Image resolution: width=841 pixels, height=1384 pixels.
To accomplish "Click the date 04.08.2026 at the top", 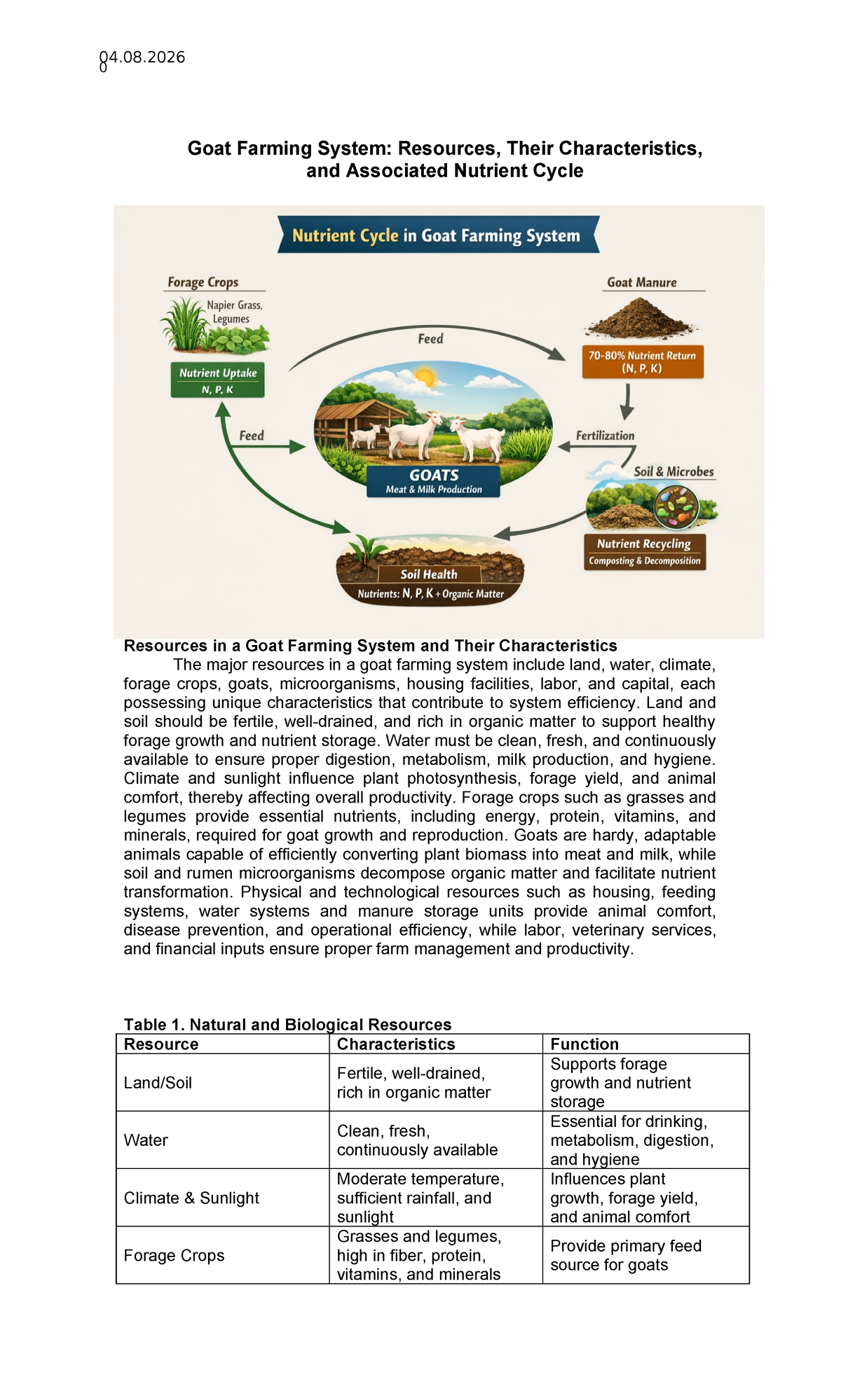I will (142, 57).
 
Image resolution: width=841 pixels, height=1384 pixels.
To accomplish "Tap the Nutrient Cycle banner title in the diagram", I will (436, 235).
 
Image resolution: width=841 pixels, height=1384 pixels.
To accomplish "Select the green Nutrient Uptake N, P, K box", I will (217, 380).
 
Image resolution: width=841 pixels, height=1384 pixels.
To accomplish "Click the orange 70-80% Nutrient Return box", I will (642, 361).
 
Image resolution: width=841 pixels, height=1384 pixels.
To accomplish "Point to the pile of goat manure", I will (641, 319).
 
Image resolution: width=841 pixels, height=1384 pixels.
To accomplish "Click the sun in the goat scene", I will (424, 378).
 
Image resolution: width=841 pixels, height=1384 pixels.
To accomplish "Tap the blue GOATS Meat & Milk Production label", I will (434, 481).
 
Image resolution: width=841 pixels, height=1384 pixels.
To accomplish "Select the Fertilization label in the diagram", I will (605, 436).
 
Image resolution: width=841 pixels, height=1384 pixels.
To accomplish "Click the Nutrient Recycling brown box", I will (644, 551).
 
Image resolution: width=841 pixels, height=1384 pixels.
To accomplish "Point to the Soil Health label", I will (429, 574).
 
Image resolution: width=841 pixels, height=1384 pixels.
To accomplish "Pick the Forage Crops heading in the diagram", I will (203, 282).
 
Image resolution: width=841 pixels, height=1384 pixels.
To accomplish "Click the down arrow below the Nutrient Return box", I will (627, 401).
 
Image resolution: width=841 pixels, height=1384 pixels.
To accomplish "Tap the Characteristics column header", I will (396, 1044).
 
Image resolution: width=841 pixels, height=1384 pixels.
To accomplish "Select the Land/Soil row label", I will (158, 1083).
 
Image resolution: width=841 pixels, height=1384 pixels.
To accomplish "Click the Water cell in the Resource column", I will (146, 1140).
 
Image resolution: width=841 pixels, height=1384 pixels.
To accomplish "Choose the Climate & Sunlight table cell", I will (191, 1198).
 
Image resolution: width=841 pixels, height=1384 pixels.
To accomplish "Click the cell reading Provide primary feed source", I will (625, 1255).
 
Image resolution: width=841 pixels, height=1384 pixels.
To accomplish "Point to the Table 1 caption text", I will (287, 1025).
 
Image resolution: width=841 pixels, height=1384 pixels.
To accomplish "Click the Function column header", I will (584, 1044).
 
